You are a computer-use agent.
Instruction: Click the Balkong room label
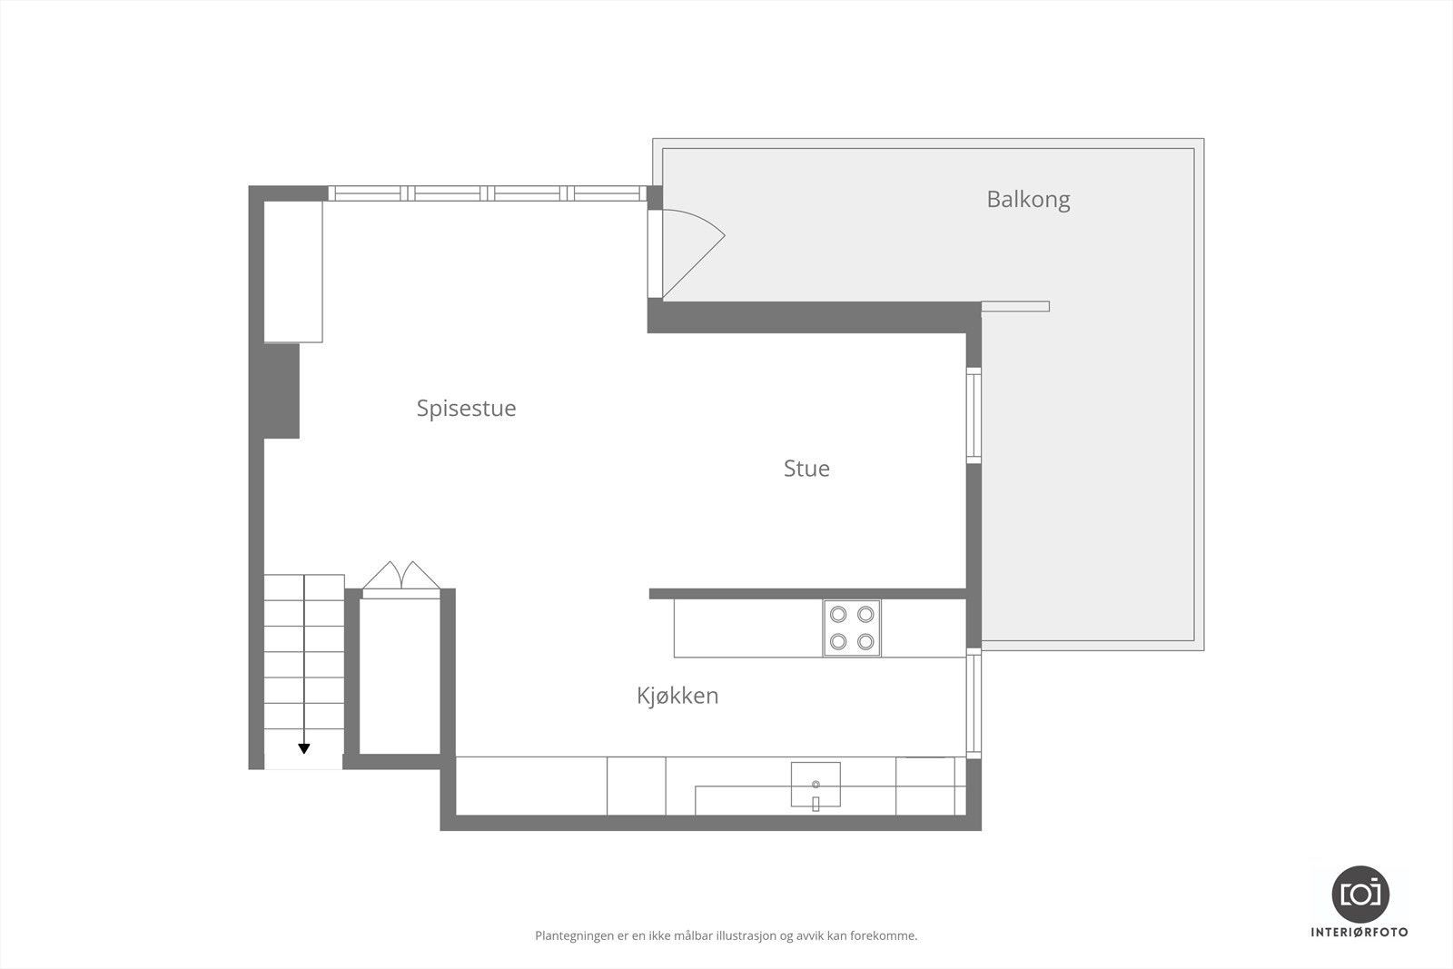[1028, 199]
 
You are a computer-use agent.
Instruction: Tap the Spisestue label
[466, 408]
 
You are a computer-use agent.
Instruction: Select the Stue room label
[806, 469]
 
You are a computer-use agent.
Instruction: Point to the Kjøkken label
[677, 696]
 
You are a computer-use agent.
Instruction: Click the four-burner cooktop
[852, 628]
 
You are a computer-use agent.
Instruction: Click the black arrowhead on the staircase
[304, 749]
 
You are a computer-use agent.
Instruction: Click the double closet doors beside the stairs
[401, 578]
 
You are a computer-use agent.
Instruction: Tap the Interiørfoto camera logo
[1359, 894]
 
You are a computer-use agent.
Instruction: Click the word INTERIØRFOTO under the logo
[1359, 932]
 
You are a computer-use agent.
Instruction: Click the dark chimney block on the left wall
[282, 391]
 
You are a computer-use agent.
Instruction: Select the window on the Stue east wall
[974, 416]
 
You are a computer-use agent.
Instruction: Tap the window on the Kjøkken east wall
[974, 705]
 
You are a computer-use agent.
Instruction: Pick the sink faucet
[815, 803]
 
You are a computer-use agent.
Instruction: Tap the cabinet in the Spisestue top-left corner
[293, 271]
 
